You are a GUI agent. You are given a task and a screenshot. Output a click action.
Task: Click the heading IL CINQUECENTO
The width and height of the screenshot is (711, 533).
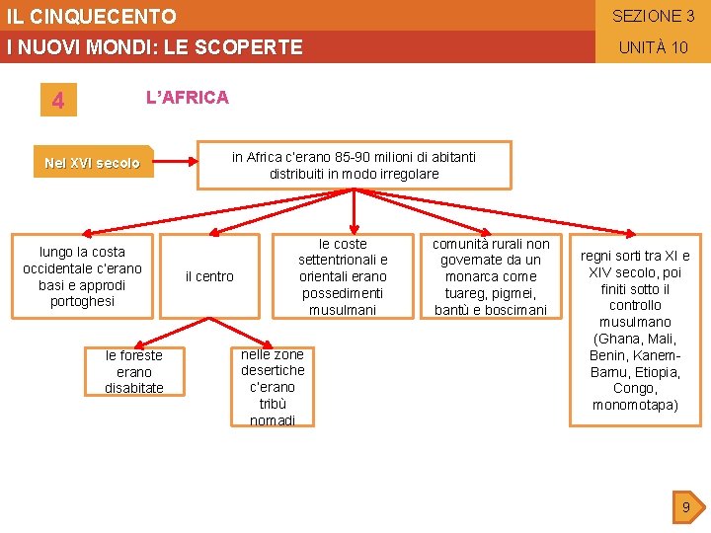pyautogui.click(x=91, y=17)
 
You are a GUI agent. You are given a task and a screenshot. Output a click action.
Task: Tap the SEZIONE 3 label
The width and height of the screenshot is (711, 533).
pyautogui.click(x=653, y=16)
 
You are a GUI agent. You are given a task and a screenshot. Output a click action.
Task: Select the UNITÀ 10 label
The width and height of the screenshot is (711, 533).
pyautogui.click(x=653, y=47)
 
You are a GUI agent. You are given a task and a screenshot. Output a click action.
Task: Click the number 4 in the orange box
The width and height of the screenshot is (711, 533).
pyautogui.click(x=58, y=101)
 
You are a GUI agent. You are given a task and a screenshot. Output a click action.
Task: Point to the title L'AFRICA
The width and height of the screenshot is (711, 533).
pyautogui.click(x=187, y=97)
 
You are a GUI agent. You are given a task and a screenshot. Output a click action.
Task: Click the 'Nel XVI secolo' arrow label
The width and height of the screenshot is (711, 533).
pyautogui.click(x=93, y=163)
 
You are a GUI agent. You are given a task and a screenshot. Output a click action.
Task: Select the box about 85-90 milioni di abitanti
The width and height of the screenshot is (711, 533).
pyautogui.click(x=354, y=165)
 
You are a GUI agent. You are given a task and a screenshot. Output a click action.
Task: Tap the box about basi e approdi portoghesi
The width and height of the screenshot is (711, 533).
pyautogui.click(x=82, y=276)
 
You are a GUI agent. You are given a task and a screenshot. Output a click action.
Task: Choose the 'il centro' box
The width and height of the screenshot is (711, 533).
pyautogui.click(x=209, y=276)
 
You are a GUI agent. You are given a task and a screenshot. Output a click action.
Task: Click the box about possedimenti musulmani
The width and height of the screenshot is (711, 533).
pyautogui.click(x=343, y=276)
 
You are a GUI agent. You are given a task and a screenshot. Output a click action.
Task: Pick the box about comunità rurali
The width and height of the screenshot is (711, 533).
pyautogui.click(x=491, y=276)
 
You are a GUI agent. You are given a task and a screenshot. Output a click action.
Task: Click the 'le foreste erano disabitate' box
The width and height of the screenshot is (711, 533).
pyautogui.click(x=134, y=371)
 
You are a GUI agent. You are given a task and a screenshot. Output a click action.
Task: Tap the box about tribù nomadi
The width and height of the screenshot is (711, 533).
pyautogui.click(x=273, y=387)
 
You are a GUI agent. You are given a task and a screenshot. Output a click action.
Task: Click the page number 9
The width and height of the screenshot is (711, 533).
pyautogui.click(x=685, y=508)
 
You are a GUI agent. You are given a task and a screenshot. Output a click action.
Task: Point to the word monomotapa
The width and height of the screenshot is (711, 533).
pyautogui.click(x=636, y=405)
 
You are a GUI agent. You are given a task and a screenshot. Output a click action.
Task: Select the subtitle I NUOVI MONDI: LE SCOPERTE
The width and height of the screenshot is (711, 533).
pyautogui.click(x=154, y=47)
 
